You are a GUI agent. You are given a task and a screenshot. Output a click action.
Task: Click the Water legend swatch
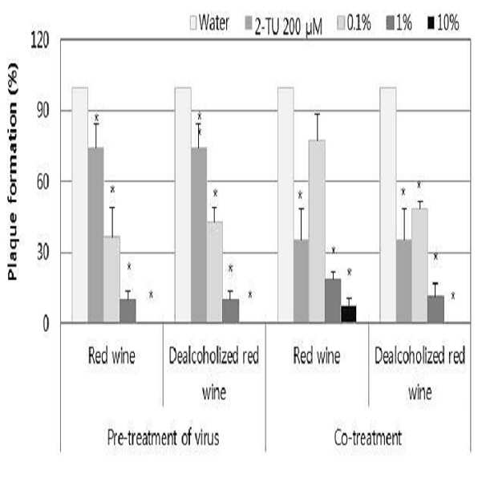193,23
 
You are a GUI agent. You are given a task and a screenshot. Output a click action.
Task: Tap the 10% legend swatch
431,23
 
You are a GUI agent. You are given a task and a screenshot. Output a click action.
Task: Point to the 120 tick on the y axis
40,40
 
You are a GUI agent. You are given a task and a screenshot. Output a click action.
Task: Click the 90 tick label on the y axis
43,111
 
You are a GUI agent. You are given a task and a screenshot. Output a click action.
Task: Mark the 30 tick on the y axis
43,253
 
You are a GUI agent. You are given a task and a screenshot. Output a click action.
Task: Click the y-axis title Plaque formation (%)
13,172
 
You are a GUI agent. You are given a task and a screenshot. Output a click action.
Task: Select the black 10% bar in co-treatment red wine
349,314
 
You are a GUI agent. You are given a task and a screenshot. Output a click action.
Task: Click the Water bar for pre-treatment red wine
80,205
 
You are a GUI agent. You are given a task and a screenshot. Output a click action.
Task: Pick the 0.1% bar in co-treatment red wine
317,231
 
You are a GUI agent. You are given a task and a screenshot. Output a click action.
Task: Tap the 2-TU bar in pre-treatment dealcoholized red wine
199,235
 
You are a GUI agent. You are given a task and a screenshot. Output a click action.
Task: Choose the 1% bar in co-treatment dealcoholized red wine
435,309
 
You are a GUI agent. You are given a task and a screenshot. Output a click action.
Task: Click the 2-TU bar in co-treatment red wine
302,281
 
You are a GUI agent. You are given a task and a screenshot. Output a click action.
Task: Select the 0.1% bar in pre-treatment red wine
112,279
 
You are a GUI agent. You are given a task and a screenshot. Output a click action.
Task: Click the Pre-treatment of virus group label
164,437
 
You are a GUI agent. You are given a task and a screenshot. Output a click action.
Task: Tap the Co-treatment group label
368,437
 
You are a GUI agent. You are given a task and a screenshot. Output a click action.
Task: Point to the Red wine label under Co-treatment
317,356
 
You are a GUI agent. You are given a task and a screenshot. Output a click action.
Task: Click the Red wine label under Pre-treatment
111,356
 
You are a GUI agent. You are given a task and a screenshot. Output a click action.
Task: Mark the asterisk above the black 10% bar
349,272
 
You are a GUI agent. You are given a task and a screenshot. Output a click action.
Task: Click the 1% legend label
404,23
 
